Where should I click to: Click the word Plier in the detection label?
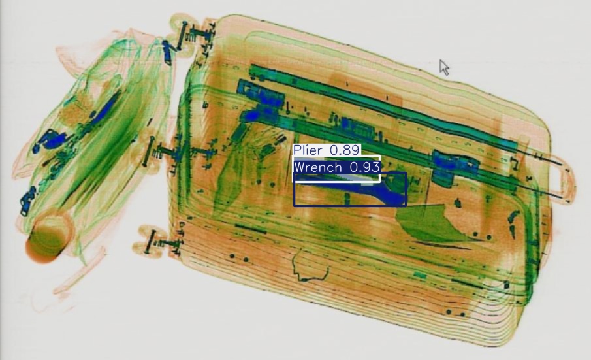tap(308, 150)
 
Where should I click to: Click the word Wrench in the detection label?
tap(317, 167)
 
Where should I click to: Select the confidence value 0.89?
tap(343, 150)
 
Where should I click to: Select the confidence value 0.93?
tap(364, 167)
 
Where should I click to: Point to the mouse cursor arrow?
tap(444, 67)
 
